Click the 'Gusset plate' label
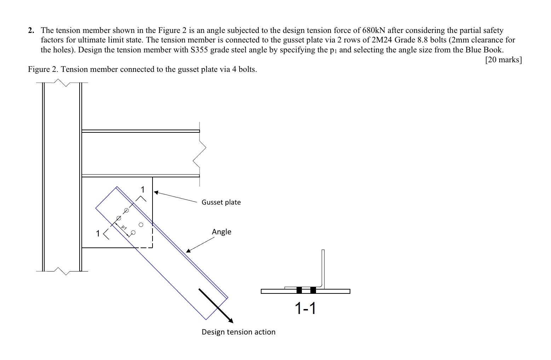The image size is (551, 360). click(221, 202)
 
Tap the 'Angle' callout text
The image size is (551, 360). click(222, 232)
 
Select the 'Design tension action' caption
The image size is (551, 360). click(238, 332)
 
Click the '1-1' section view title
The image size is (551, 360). click(305, 308)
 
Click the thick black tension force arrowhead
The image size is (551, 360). click(231, 321)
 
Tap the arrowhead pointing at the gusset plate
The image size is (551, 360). click(156, 193)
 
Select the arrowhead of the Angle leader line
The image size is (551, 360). click(188, 251)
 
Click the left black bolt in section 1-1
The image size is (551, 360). click(299, 290)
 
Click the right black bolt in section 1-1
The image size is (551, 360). click(313, 290)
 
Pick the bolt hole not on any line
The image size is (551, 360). click(141, 224)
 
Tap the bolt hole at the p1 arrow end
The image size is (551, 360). click(133, 233)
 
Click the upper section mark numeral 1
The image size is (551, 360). click(143, 189)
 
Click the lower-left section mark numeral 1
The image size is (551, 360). click(98, 234)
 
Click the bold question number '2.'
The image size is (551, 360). click(31, 30)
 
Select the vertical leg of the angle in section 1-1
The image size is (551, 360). click(323, 267)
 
